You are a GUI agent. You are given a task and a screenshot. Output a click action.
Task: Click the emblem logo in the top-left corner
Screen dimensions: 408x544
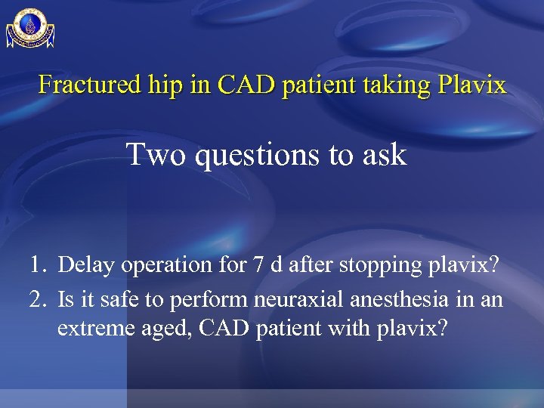click(30, 28)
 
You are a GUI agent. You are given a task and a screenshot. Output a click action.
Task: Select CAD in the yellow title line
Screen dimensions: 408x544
click(243, 85)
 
